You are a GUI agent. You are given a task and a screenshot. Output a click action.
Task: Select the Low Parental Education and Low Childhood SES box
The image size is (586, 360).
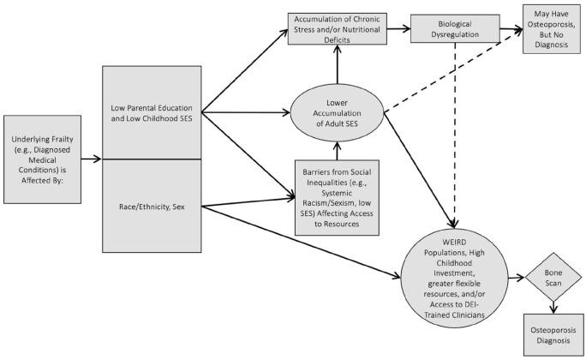tap(151, 114)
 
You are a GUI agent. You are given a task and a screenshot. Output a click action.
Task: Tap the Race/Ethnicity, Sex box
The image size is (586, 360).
tap(151, 206)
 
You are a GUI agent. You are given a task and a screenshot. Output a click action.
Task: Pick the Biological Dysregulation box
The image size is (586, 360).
tap(455, 27)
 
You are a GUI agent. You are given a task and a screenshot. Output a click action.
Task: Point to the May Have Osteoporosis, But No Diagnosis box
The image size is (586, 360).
tap(551, 27)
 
